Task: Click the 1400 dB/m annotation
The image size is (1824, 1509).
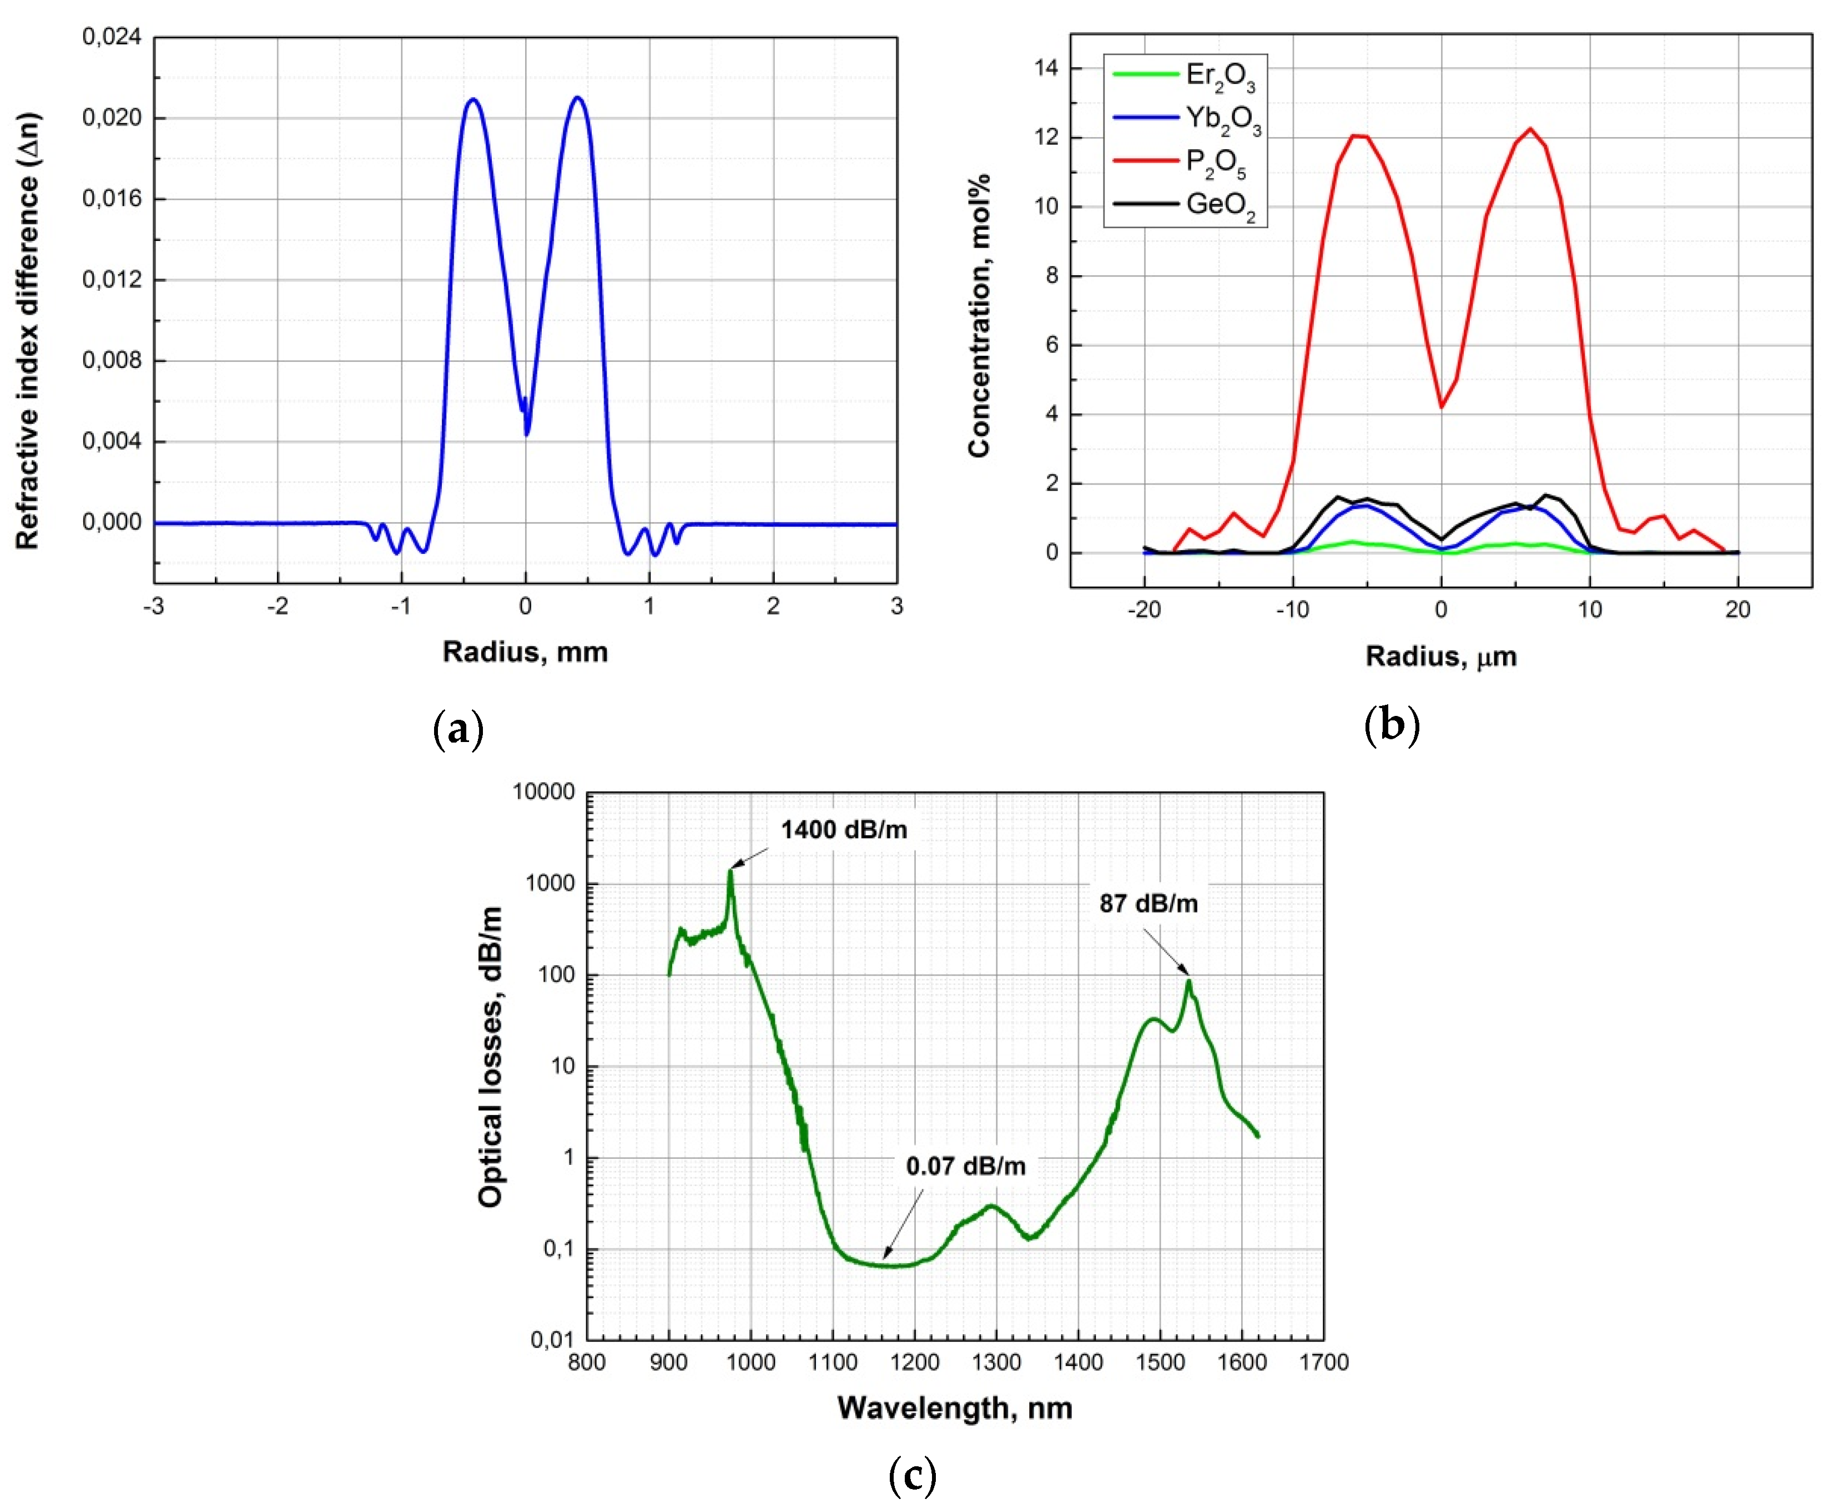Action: point(843,830)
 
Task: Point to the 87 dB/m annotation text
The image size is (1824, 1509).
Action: point(1148,904)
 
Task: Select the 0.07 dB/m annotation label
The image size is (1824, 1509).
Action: point(965,1166)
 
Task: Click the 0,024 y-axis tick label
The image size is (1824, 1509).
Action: point(111,37)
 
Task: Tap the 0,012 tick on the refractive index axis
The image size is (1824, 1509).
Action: point(111,280)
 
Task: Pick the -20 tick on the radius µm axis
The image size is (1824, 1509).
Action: point(1144,610)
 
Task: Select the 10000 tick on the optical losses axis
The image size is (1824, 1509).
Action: point(544,792)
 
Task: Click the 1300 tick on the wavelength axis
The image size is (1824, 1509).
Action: point(996,1362)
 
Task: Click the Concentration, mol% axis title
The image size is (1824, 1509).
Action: point(979,315)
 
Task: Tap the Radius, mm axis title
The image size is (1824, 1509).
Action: point(525,652)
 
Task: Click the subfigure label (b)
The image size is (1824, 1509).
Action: point(1392,724)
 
